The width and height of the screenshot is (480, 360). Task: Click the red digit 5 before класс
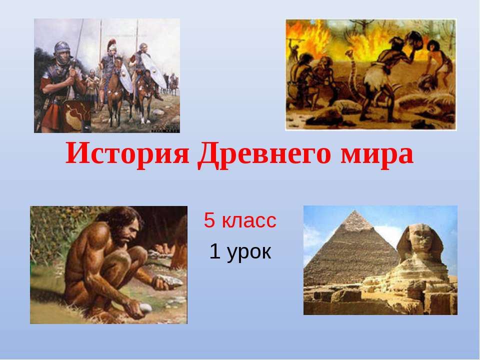209,220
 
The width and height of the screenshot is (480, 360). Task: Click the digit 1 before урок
215,251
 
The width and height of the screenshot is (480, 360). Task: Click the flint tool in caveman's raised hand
170,282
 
